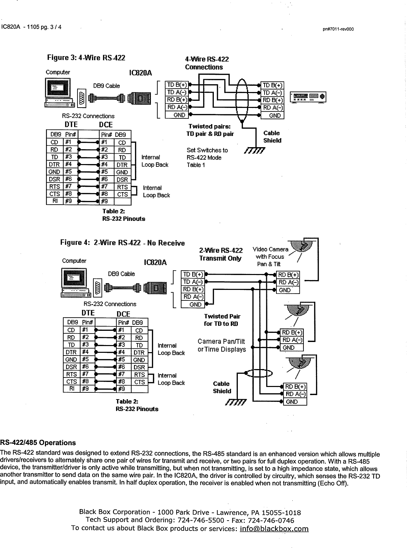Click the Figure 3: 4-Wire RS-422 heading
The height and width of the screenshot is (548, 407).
pos(86,58)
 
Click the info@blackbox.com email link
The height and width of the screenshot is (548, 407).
pos(274,528)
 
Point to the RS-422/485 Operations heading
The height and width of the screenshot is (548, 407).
pos(38,443)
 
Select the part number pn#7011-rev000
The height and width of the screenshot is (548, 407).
pos(338,29)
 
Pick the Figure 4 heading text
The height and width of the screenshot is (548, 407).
pos(122,243)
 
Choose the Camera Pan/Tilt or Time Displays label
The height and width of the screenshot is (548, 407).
pos(222,345)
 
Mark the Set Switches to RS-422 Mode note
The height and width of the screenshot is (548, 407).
pos(207,158)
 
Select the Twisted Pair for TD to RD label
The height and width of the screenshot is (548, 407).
pos(222,320)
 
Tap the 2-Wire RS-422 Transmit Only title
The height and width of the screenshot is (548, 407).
pos(221,254)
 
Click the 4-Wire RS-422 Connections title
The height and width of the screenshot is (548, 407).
pos(207,63)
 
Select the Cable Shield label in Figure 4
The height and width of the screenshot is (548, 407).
pos(222,387)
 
